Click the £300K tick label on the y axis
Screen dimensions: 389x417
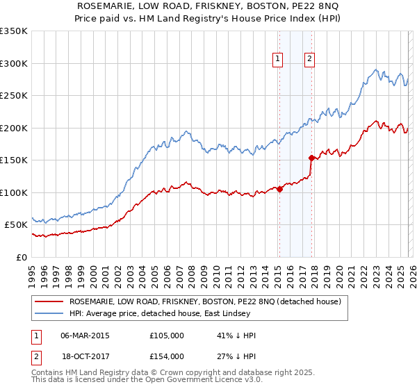[x=13, y=63]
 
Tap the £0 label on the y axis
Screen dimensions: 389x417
[x=22, y=257]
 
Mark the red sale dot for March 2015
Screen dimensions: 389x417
[x=279, y=189]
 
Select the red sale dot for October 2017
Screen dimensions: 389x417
[x=311, y=158]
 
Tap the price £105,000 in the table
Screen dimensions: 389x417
[x=166, y=336]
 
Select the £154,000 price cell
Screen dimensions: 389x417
[x=166, y=356]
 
